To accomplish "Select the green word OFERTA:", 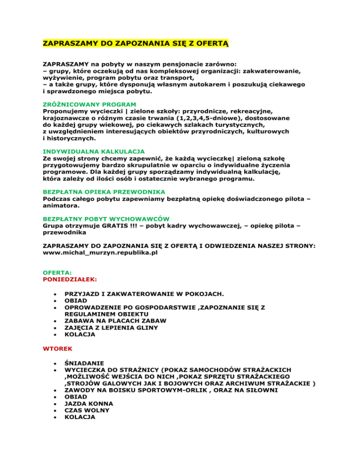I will tap(57, 272).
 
